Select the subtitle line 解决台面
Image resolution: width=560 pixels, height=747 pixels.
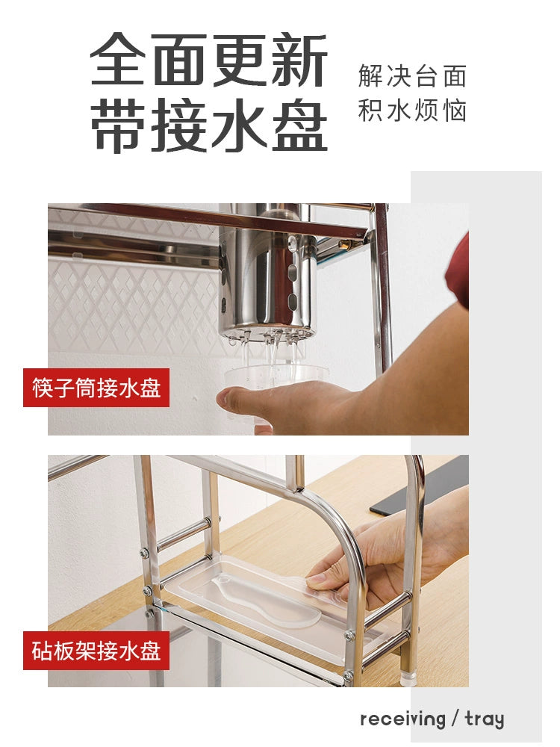(x=412, y=76)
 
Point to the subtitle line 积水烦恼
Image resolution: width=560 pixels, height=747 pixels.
(x=412, y=111)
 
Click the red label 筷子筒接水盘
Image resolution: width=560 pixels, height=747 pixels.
(x=96, y=387)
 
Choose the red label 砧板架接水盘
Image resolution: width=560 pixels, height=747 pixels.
(x=96, y=651)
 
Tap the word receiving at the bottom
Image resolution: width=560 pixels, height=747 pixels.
(x=403, y=719)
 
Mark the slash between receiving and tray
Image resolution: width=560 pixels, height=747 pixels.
(x=455, y=719)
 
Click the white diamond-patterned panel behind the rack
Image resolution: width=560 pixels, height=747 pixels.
(x=134, y=306)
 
